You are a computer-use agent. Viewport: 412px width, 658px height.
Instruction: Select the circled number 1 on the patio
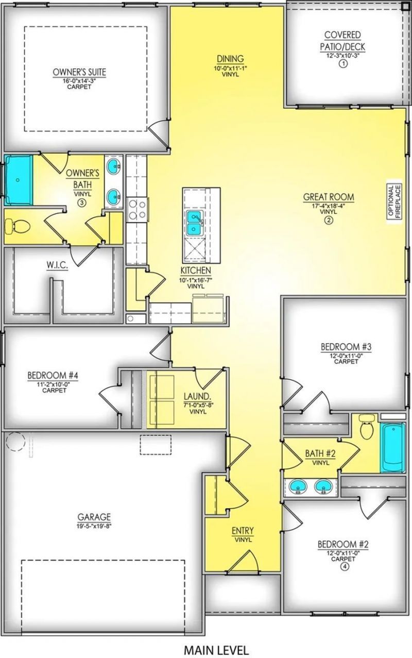[x=343, y=63]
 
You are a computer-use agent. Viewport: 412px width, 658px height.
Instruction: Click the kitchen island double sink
[x=195, y=223]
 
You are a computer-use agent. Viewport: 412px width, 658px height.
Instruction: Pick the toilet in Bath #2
[x=367, y=427]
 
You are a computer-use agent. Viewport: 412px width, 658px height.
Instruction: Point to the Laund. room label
[x=197, y=396]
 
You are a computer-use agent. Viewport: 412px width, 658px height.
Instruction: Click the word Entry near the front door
[x=242, y=531]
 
